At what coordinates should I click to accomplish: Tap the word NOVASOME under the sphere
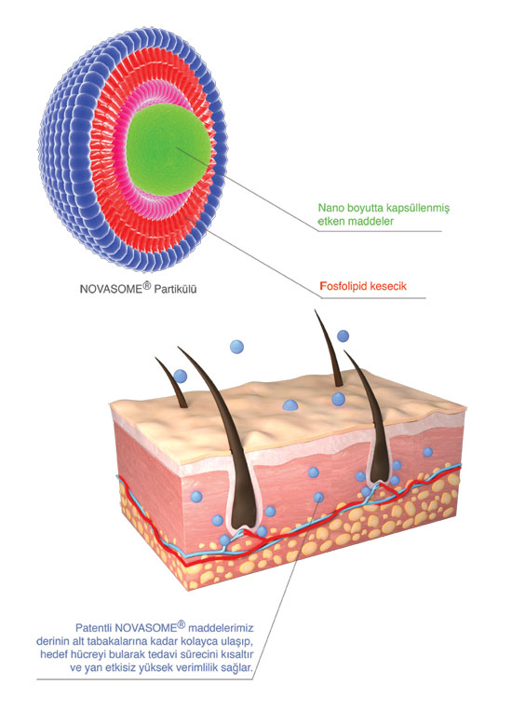point(110,290)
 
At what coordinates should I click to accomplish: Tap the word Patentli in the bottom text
point(93,628)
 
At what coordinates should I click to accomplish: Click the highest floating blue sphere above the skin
point(343,335)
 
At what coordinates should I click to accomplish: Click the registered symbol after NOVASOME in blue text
point(181,625)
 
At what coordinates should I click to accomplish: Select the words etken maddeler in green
point(356,221)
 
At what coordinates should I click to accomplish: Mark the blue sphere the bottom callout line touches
point(318,498)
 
